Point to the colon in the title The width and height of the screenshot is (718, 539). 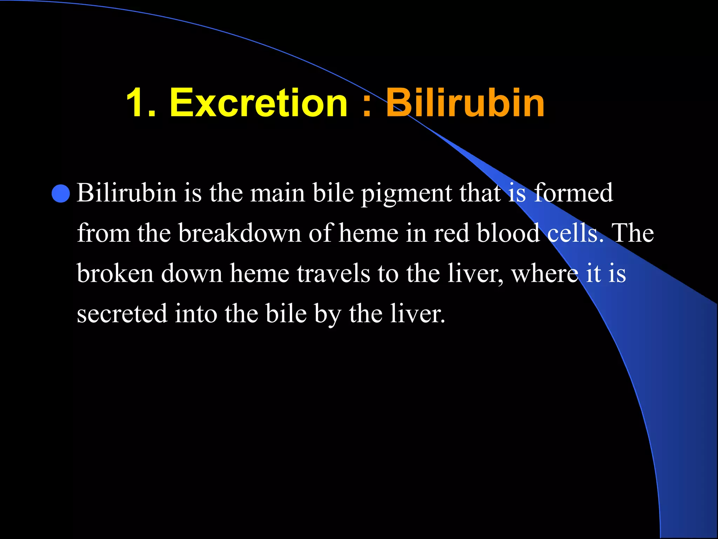click(x=366, y=105)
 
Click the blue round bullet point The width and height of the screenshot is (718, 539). click(x=61, y=193)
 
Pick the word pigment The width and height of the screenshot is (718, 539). click(x=406, y=194)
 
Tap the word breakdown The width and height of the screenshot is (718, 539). click(x=239, y=233)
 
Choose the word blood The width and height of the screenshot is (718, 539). click(x=508, y=233)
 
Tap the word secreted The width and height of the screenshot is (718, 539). click(x=122, y=314)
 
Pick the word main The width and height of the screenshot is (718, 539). click(x=277, y=193)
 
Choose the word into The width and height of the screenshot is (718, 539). click(x=196, y=314)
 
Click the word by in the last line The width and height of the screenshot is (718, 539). click(x=327, y=314)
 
